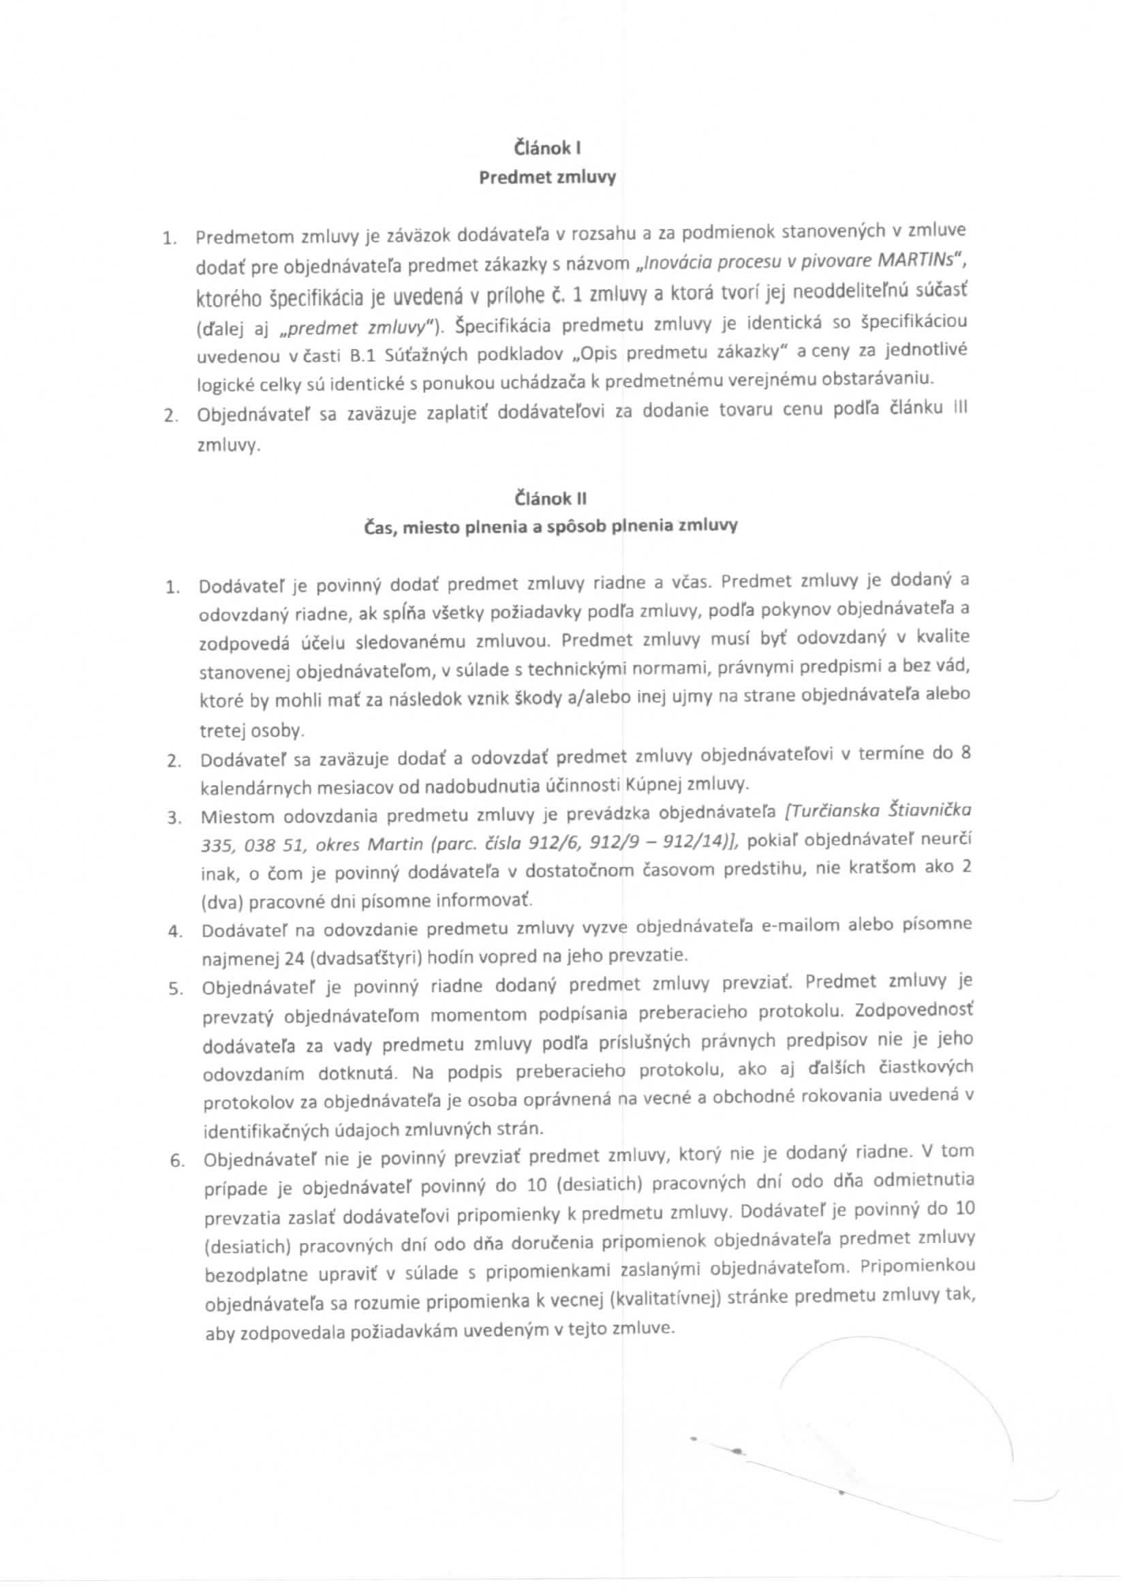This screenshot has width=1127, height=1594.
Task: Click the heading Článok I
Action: coord(548,148)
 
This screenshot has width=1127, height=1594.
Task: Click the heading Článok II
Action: coord(551,498)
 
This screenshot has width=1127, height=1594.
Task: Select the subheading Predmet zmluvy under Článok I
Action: coord(548,178)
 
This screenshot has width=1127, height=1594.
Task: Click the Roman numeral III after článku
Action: coord(961,408)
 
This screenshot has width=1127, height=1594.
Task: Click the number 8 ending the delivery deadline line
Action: coord(965,753)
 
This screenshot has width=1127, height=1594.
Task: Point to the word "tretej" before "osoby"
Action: coord(221,731)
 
